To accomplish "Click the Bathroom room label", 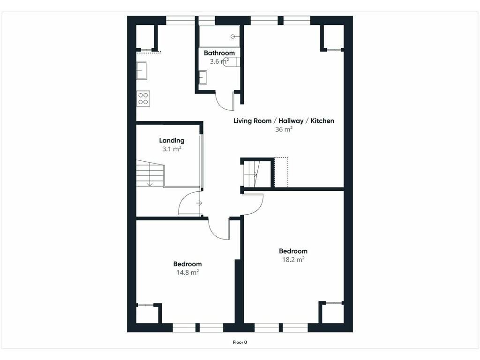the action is (x=219, y=53).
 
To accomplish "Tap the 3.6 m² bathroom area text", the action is (x=219, y=61).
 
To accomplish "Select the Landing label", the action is (x=172, y=141).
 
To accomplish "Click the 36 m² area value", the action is (x=284, y=129).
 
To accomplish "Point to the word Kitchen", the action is (x=322, y=120).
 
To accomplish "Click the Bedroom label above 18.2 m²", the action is (x=293, y=251).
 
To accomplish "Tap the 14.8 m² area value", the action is (x=187, y=272).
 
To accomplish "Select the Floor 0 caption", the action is (x=240, y=342).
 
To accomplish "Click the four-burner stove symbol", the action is (x=143, y=98).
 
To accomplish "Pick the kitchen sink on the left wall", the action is (x=142, y=71).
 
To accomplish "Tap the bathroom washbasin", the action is (x=202, y=77).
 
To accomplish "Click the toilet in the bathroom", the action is (x=231, y=61).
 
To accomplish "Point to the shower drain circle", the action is (x=232, y=37).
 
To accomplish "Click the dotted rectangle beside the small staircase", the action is (x=281, y=172).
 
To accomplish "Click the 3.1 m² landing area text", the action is (x=172, y=149).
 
